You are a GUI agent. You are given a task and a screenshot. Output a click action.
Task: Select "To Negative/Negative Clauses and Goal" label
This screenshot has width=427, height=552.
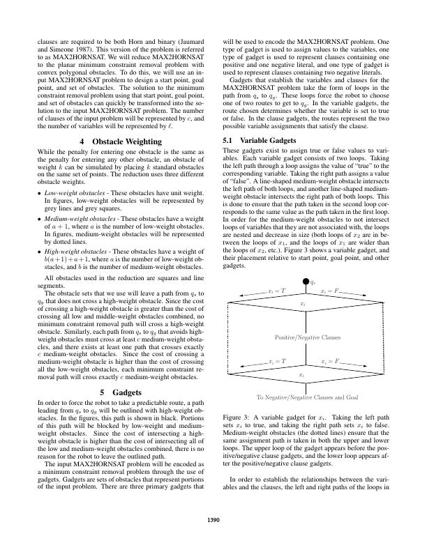pos(307,397)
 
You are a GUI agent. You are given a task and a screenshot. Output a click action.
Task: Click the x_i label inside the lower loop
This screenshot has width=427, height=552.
pos(302,374)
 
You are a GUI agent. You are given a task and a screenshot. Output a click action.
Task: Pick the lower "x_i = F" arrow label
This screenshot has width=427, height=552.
pos(329,362)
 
